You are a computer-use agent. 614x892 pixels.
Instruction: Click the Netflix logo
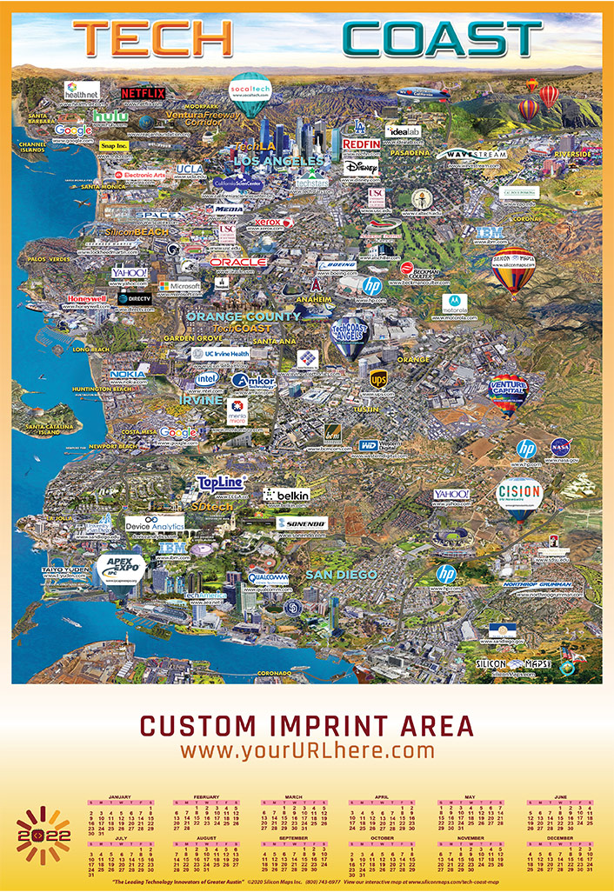click(143, 92)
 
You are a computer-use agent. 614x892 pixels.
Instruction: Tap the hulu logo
click(110, 116)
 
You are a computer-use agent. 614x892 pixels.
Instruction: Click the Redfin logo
click(361, 143)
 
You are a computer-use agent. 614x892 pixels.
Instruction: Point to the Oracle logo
click(237, 262)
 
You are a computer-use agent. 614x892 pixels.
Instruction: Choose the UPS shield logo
click(378, 379)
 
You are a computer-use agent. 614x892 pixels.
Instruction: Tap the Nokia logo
click(128, 374)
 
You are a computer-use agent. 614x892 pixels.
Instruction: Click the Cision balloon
click(519, 495)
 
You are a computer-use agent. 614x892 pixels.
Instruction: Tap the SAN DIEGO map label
click(342, 575)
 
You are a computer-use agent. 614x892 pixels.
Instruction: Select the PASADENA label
click(409, 153)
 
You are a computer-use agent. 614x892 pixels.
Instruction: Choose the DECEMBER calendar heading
click(560, 837)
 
